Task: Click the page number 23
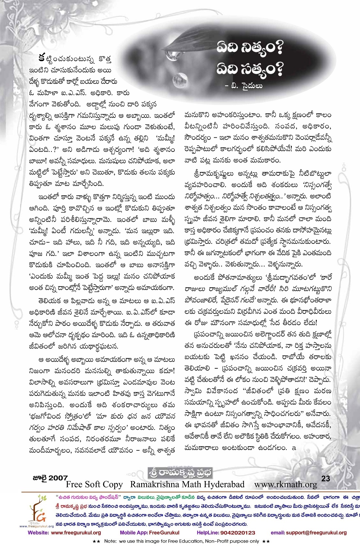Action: tap(325, 478)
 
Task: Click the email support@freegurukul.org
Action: tap(308, 533)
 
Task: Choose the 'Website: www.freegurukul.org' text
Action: tap(64, 533)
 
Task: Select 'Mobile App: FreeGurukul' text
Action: tap(149, 533)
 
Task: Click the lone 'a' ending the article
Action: tap(294, 448)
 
